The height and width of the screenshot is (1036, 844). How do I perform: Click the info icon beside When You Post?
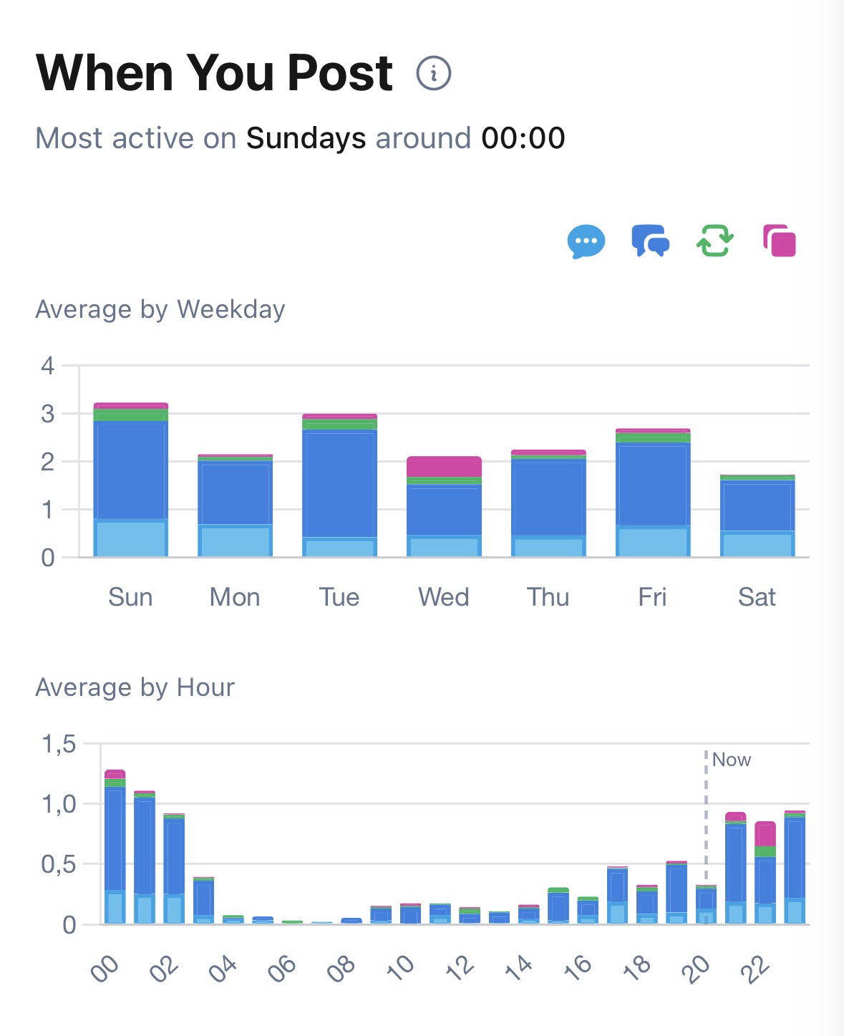pyautogui.click(x=433, y=73)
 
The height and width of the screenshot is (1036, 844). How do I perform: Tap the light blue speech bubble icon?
pyautogui.click(x=586, y=241)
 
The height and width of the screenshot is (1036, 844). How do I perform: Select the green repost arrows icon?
pyautogui.click(x=714, y=241)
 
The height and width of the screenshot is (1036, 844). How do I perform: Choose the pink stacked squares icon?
pyautogui.click(x=780, y=241)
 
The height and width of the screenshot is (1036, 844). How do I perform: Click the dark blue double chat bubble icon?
pyautogui.click(x=650, y=241)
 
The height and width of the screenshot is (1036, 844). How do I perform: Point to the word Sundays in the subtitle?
pyautogui.click(x=306, y=138)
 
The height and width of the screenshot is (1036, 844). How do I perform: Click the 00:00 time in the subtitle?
pyautogui.click(x=523, y=138)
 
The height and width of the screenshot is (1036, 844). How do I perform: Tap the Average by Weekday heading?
pyautogui.click(x=160, y=309)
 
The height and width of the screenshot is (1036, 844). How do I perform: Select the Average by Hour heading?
pyautogui.click(x=135, y=687)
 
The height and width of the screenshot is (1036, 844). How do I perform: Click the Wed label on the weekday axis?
pyautogui.click(x=443, y=597)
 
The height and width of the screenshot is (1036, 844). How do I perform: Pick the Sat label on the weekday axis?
pyautogui.click(x=757, y=597)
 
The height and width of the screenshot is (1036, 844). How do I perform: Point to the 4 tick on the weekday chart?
pyautogui.click(x=48, y=366)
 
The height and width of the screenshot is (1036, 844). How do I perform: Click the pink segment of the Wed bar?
pyautogui.click(x=444, y=466)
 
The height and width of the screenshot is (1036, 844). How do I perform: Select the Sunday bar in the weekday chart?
pyautogui.click(x=130, y=480)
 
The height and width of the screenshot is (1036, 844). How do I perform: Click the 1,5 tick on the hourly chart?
pyautogui.click(x=59, y=745)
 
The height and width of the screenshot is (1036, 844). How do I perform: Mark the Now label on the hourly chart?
pyautogui.click(x=732, y=760)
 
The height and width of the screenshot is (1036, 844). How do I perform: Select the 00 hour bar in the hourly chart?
pyautogui.click(x=115, y=848)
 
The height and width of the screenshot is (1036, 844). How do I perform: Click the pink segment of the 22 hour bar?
pyautogui.click(x=765, y=833)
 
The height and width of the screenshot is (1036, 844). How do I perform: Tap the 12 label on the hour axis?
pyautogui.click(x=460, y=966)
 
